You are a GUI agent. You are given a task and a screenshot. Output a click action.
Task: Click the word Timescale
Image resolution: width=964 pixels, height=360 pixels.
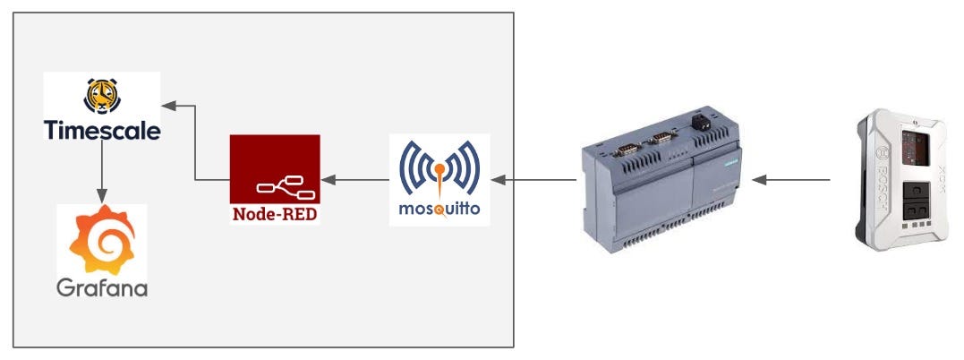click(x=102, y=131)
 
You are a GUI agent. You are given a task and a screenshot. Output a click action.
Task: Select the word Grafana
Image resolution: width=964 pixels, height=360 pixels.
click(x=102, y=287)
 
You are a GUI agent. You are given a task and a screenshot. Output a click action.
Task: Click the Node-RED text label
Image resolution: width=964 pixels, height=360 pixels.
click(x=274, y=214)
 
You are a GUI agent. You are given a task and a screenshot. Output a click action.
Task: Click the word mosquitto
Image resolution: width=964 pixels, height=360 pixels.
click(x=439, y=211)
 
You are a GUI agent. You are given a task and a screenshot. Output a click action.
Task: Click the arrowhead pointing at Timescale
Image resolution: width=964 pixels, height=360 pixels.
click(x=170, y=105)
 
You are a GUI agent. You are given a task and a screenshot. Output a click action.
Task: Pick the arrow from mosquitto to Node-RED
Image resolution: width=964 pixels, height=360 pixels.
click(x=355, y=179)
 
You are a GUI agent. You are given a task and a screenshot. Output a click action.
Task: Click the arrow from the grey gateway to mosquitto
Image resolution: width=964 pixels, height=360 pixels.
click(x=533, y=180)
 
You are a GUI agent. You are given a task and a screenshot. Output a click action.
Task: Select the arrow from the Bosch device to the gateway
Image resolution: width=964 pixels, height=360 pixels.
click(x=791, y=180)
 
